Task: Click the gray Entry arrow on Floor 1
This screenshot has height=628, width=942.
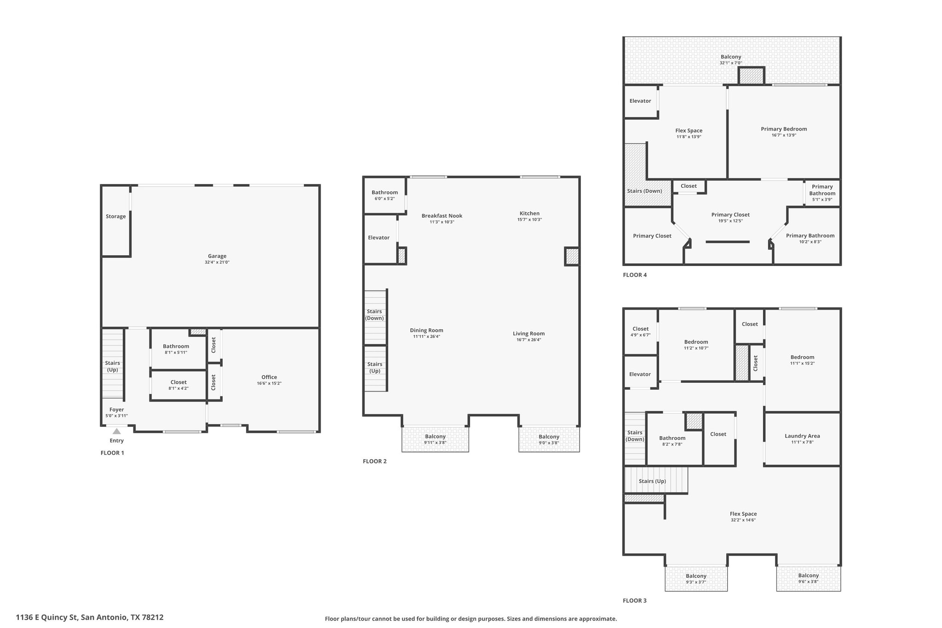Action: pos(117,431)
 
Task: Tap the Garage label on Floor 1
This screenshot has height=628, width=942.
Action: pos(217,256)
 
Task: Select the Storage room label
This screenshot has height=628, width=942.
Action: pos(116,216)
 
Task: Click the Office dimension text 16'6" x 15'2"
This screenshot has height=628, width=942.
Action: pos(269,383)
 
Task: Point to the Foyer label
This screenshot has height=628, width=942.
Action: pos(117,409)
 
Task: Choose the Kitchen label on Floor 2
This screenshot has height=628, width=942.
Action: pos(529,213)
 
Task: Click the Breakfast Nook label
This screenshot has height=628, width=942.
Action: pos(442,216)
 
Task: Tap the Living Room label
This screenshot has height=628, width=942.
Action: pos(529,334)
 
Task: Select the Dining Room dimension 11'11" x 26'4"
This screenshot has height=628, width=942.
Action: pos(426,336)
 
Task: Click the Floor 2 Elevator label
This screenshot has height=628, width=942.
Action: pos(379,238)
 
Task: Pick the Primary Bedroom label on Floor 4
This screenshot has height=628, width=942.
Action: pos(784,129)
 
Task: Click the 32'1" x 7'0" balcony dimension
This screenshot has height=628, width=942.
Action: pos(731,63)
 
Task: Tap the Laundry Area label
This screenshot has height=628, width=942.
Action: pos(802,436)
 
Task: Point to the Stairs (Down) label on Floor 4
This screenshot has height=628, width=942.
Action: pos(644,191)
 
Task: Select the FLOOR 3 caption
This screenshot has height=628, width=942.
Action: pos(635,600)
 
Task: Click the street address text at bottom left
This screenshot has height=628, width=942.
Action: pos(90,617)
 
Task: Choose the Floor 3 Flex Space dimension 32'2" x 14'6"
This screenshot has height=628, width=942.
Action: pos(743,520)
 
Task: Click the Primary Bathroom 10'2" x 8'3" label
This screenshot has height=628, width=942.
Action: pos(810,238)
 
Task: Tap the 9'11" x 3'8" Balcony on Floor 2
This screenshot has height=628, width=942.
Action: pos(435,439)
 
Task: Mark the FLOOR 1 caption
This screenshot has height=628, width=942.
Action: pos(112,453)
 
